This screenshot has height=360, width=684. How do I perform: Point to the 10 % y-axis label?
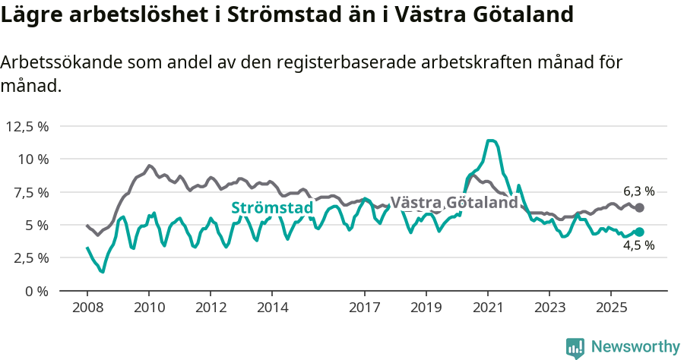(x=33, y=159)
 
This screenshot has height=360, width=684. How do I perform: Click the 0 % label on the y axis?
(x=36, y=291)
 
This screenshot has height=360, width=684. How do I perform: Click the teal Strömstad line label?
(x=272, y=208)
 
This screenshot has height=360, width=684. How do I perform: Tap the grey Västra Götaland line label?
(x=454, y=203)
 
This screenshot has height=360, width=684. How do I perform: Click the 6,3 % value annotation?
(x=638, y=192)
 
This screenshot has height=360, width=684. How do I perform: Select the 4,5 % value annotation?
(x=638, y=245)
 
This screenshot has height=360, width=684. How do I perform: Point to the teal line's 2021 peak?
(x=491, y=141)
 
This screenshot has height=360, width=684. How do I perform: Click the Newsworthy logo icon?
(x=575, y=347)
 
